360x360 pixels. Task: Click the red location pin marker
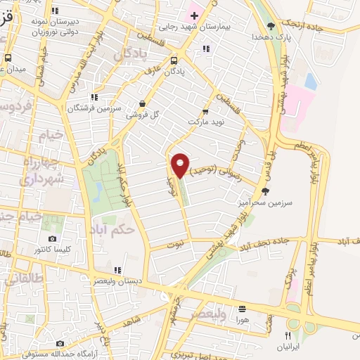click(180, 165)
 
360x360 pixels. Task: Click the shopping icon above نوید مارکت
click(205, 110)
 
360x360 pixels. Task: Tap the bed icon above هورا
click(243, 308)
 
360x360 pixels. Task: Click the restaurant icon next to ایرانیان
click(287, 335)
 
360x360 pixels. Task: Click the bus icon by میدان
click(8, 58)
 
